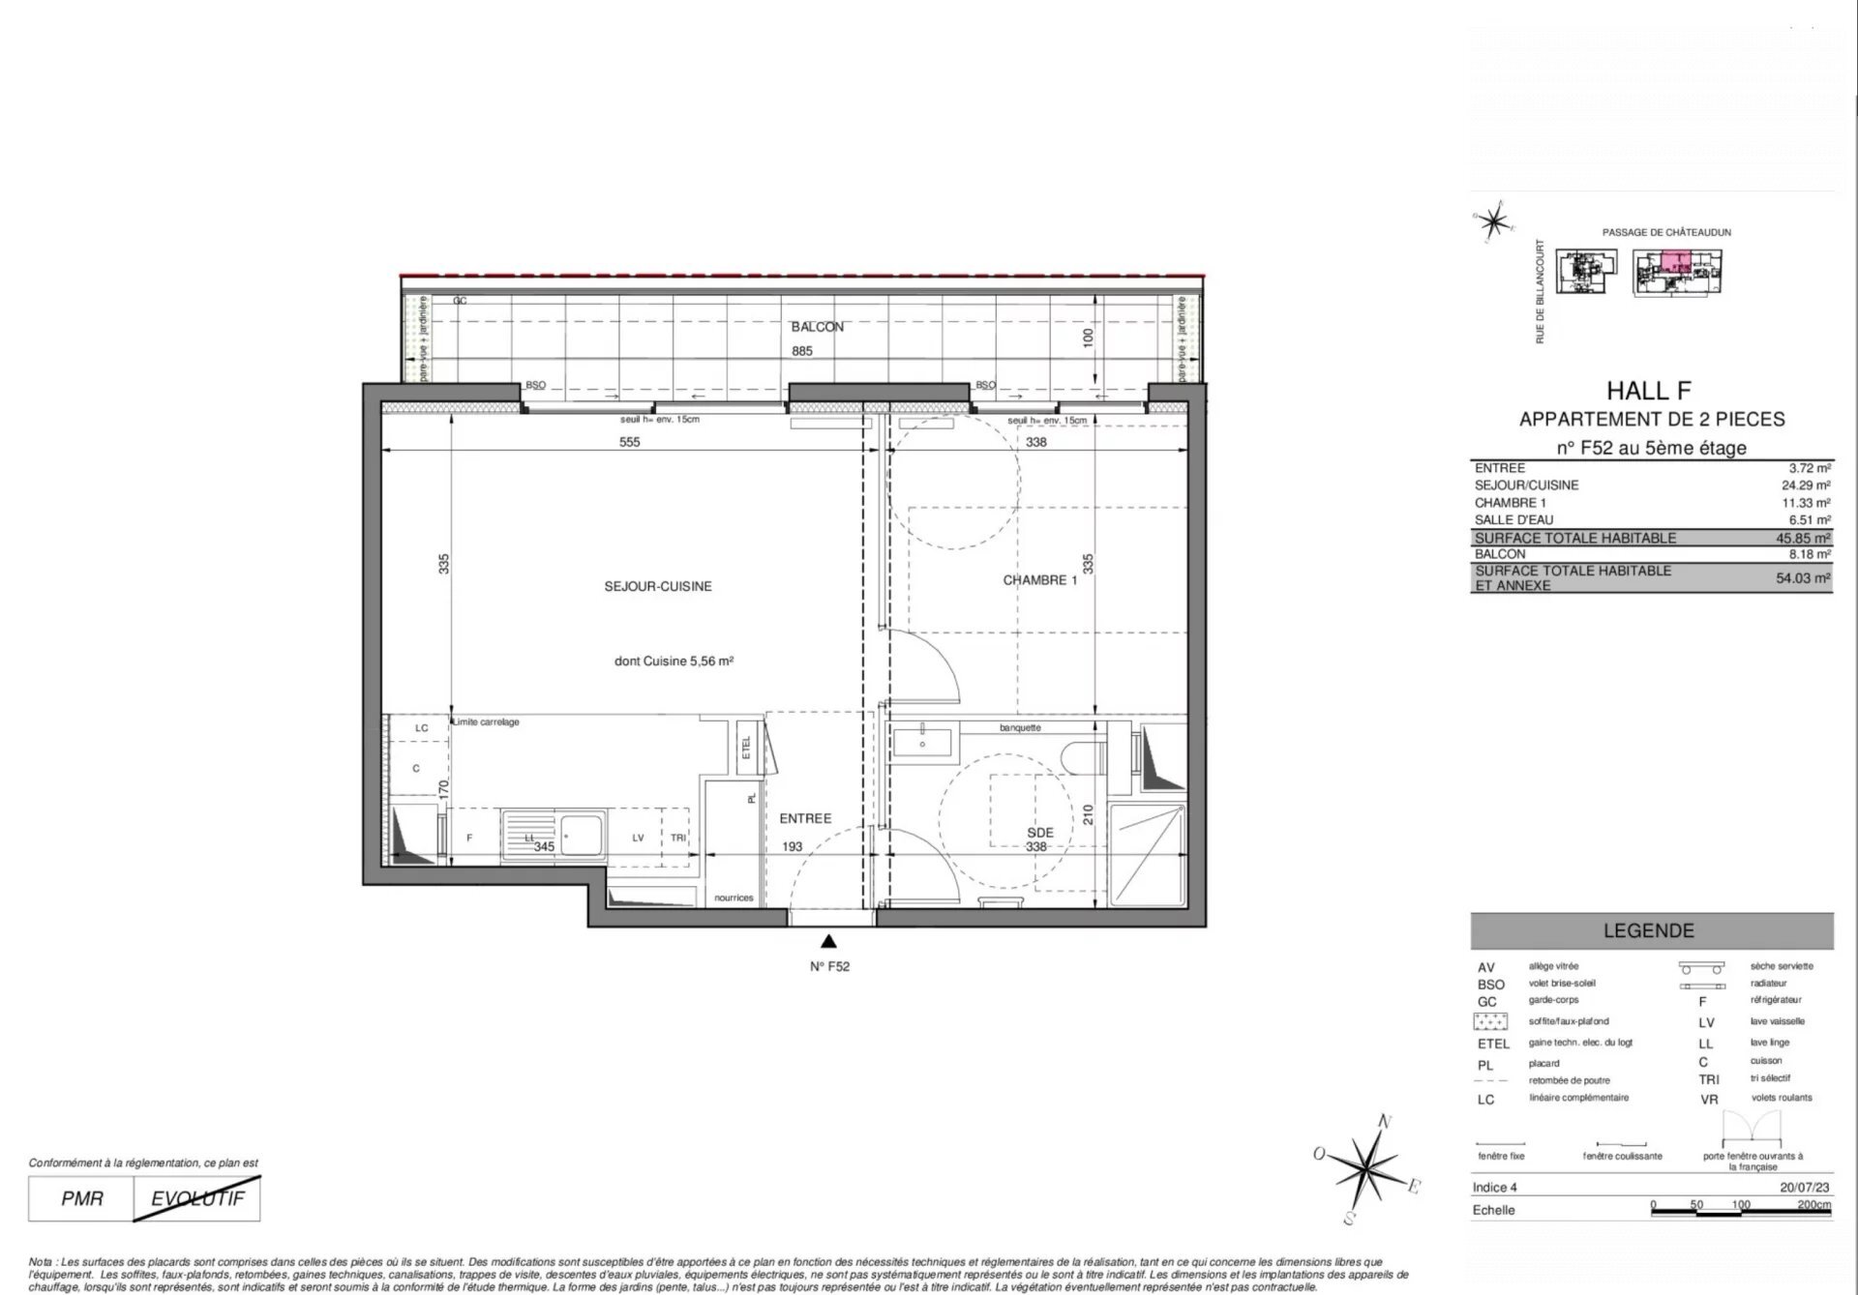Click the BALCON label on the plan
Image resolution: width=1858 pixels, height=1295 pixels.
tap(817, 327)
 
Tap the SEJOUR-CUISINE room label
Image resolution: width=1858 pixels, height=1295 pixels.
tap(658, 586)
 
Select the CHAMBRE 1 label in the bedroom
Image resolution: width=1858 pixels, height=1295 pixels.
tap(1039, 580)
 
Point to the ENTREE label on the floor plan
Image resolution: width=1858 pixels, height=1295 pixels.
tap(805, 818)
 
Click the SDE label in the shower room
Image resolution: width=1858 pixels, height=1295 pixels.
tap(1039, 832)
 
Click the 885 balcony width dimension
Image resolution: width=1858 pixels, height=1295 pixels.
tap(801, 351)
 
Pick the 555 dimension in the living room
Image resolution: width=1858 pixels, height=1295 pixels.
tap(629, 442)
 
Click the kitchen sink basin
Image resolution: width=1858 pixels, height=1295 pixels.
tap(581, 835)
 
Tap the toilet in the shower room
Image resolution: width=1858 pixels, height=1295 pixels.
tap(1081, 757)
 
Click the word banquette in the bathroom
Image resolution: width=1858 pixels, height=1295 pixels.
tap(1020, 727)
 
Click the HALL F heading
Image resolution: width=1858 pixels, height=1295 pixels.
tap(1649, 391)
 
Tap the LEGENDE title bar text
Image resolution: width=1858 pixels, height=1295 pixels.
tap(1649, 930)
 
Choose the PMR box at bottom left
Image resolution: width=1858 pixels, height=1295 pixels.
tap(81, 1199)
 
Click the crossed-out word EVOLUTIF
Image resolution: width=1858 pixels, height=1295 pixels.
tap(197, 1199)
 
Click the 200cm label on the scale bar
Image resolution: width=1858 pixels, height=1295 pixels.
tap(1813, 1205)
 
